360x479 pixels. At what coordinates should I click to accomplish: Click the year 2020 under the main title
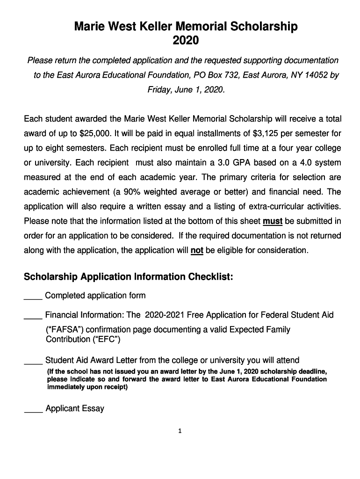(x=186, y=41)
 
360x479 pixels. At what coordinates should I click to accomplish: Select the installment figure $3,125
(x=266, y=133)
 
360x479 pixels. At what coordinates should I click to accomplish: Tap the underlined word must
(x=273, y=221)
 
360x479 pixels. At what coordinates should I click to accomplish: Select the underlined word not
(x=197, y=250)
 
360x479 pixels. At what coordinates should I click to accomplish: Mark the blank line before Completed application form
(x=33, y=297)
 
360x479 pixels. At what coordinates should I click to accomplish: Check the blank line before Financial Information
(x=33, y=316)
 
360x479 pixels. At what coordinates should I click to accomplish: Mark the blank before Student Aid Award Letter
(x=33, y=361)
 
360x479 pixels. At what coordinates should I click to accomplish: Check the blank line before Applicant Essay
(x=33, y=410)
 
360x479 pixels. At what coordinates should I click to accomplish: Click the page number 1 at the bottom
(x=180, y=431)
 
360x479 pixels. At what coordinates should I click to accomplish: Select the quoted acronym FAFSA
(x=64, y=330)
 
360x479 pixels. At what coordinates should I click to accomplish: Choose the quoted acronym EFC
(x=107, y=340)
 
